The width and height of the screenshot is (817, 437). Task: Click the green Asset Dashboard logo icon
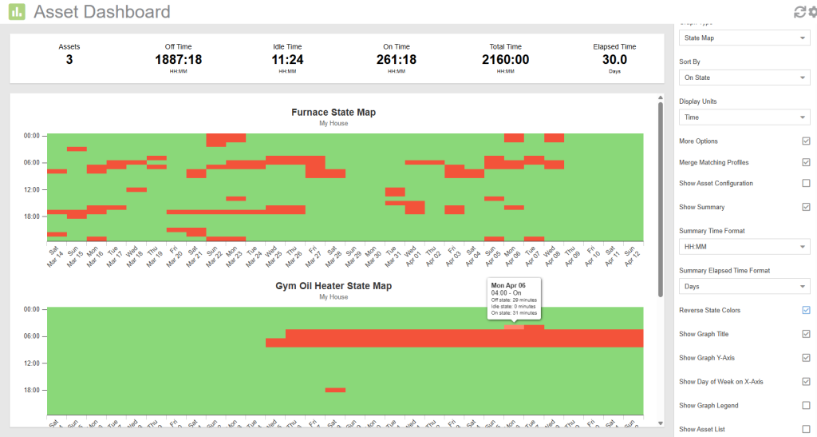17,11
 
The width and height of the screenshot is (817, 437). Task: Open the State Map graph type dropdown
744,38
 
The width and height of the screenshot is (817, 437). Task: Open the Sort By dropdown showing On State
744,77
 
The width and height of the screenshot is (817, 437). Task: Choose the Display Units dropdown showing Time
744,117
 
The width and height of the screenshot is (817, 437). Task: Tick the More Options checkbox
806,141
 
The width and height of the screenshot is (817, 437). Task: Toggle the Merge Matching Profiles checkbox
806,162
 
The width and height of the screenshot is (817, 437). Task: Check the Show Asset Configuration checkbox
806,183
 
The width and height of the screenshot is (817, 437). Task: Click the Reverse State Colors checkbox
806,310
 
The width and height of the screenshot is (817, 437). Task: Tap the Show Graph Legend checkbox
806,406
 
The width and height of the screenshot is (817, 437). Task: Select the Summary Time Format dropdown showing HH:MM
744,247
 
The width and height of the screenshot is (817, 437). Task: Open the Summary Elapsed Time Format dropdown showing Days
744,286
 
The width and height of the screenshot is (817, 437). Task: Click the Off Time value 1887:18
178,59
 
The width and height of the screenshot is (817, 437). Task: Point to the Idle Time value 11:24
287,59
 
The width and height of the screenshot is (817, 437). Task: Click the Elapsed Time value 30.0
614,59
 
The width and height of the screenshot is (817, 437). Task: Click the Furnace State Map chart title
334,113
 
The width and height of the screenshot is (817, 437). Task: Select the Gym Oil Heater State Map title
334,286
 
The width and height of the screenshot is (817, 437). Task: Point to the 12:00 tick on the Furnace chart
32,189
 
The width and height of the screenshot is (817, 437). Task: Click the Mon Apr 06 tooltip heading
507,284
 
